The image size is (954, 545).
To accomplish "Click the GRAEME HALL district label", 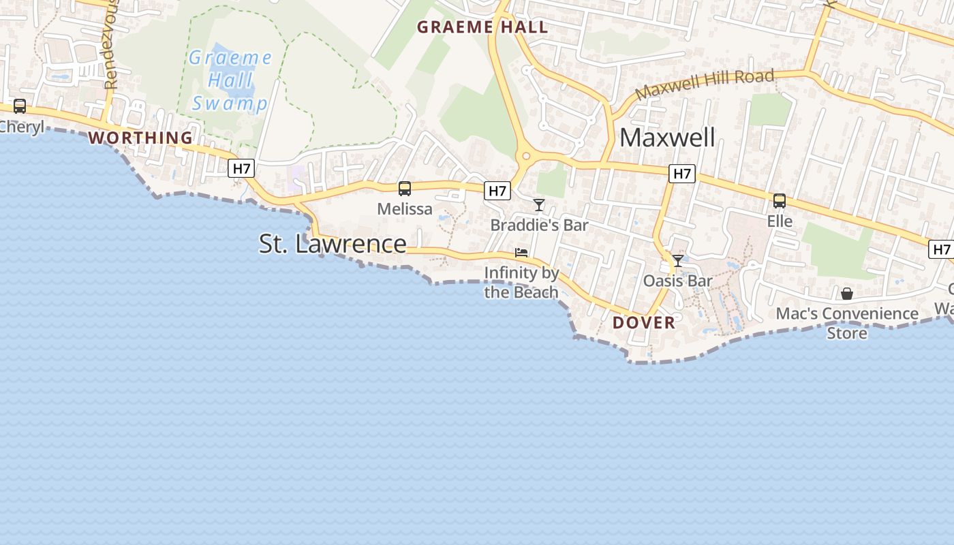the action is [x=482, y=27].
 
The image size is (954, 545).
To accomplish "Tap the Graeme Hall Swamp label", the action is [x=230, y=80].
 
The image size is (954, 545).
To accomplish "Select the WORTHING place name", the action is [x=140, y=138].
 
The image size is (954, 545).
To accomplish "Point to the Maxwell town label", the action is [x=667, y=138].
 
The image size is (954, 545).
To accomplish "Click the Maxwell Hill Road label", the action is [x=705, y=84].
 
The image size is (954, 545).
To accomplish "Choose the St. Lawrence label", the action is [x=333, y=243].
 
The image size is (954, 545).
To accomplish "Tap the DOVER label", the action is [x=643, y=322].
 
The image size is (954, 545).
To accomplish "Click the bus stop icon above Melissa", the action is [x=405, y=189].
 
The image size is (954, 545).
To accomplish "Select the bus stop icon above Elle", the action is [x=779, y=201].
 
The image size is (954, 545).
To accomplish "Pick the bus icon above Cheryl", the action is [x=20, y=106].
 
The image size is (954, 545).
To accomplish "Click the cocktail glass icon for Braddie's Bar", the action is [x=539, y=205].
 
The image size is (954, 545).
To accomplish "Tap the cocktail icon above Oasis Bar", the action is [x=678, y=261].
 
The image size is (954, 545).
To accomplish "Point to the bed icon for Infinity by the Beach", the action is [x=521, y=253].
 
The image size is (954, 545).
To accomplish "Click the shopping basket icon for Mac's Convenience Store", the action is [x=847, y=294].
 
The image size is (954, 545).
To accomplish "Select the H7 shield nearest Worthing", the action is [x=241, y=168].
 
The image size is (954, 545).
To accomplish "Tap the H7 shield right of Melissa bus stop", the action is [x=497, y=191].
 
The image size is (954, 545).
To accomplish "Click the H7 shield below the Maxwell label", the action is [x=681, y=174].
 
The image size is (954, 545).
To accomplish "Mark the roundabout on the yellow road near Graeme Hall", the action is [x=526, y=157].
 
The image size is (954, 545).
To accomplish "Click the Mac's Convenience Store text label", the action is [x=847, y=323].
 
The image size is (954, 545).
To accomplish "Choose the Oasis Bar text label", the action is [x=678, y=281].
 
